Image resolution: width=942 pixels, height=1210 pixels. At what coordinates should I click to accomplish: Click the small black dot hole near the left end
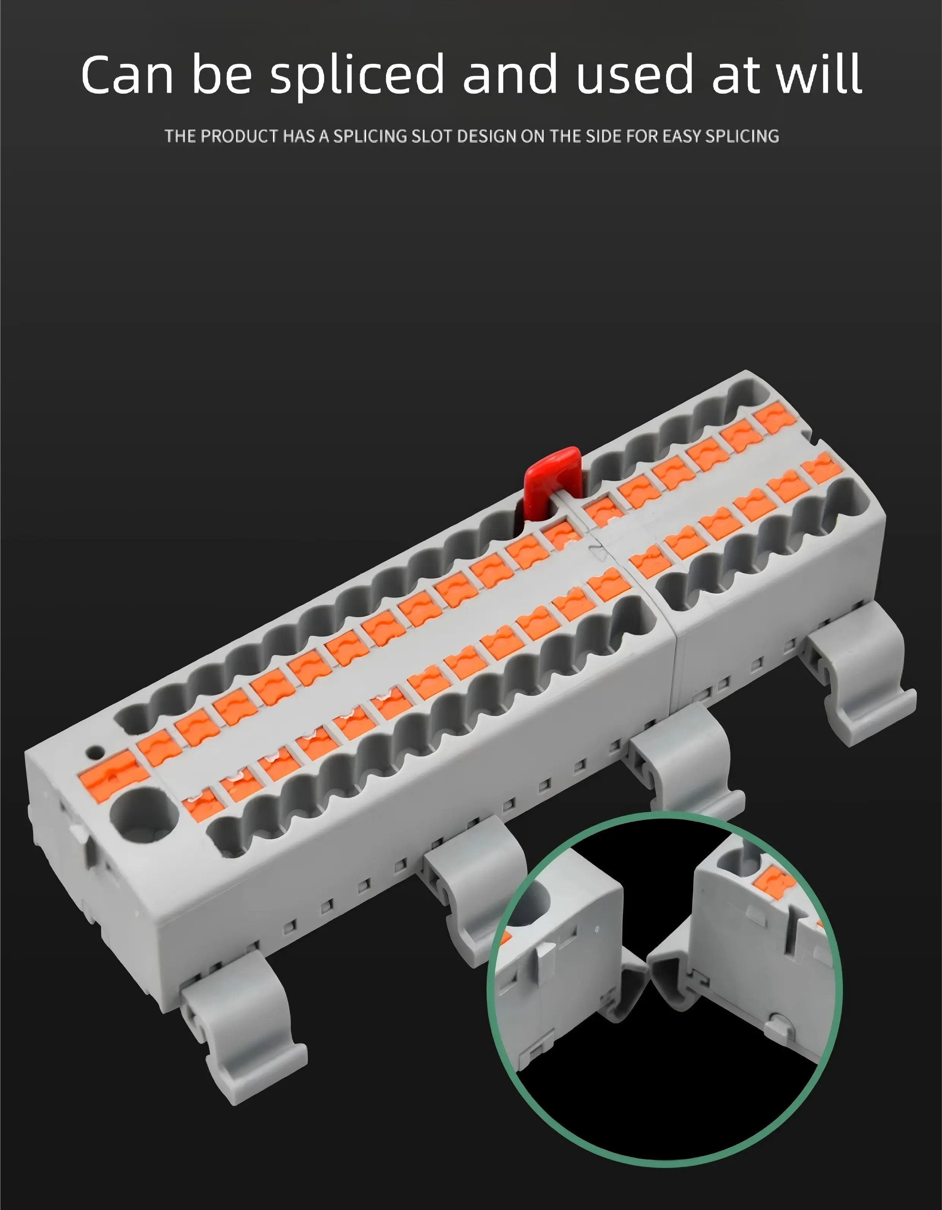[x=96, y=752]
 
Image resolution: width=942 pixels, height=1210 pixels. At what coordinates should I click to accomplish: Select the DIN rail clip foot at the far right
[x=864, y=687]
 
